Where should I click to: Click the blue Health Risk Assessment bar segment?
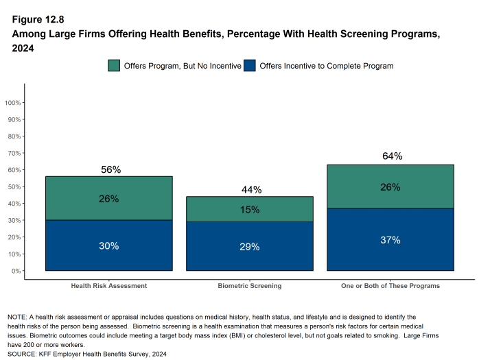tap(108, 245)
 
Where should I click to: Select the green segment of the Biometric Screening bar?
tap(249, 209)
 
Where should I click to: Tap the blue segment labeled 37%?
tap(390, 239)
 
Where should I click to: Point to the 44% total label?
tap(251, 189)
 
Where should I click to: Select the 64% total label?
tap(392, 156)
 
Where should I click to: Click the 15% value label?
tap(250, 210)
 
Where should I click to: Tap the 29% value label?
tap(250, 246)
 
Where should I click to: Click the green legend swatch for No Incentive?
tap(114, 66)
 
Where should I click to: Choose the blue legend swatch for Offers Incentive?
tap(250, 66)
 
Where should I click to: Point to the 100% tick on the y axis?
tap(14, 103)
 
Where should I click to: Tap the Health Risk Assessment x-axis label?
tap(109, 285)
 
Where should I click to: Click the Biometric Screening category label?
tap(250, 285)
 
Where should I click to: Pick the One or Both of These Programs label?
tap(390, 285)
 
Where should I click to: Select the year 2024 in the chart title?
tap(23, 48)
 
